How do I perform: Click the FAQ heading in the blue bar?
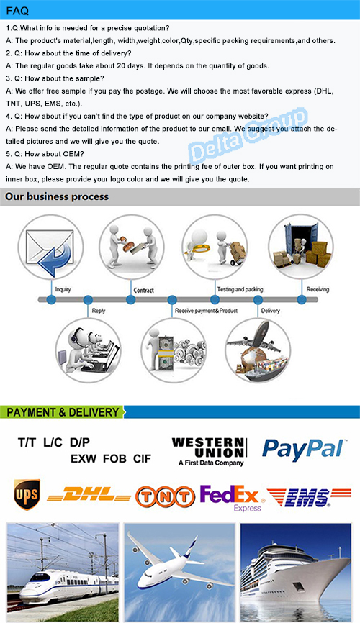click(x=17, y=11)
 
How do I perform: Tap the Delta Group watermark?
click(x=248, y=135)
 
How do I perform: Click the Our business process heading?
click(x=57, y=196)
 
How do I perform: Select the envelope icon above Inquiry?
click(x=50, y=247)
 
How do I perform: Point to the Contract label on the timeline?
click(x=143, y=291)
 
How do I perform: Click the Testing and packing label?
click(x=240, y=289)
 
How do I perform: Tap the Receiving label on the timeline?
click(x=318, y=289)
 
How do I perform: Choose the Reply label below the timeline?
click(x=98, y=311)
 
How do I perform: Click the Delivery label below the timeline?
click(x=271, y=311)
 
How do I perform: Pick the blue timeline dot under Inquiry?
click(x=51, y=299)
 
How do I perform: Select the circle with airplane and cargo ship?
click(x=258, y=350)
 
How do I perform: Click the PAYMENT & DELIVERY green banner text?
click(x=63, y=412)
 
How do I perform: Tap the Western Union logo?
click(x=210, y=452)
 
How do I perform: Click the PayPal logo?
click(x=305, y=449)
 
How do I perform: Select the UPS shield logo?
click(x=27, y=494)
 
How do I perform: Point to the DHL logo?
click(x=89, y=495)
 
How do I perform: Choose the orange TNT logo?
click(x=165, y=496)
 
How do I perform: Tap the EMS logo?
click(x=310, y=497)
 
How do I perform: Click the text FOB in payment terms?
click(x=114, y=459)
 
